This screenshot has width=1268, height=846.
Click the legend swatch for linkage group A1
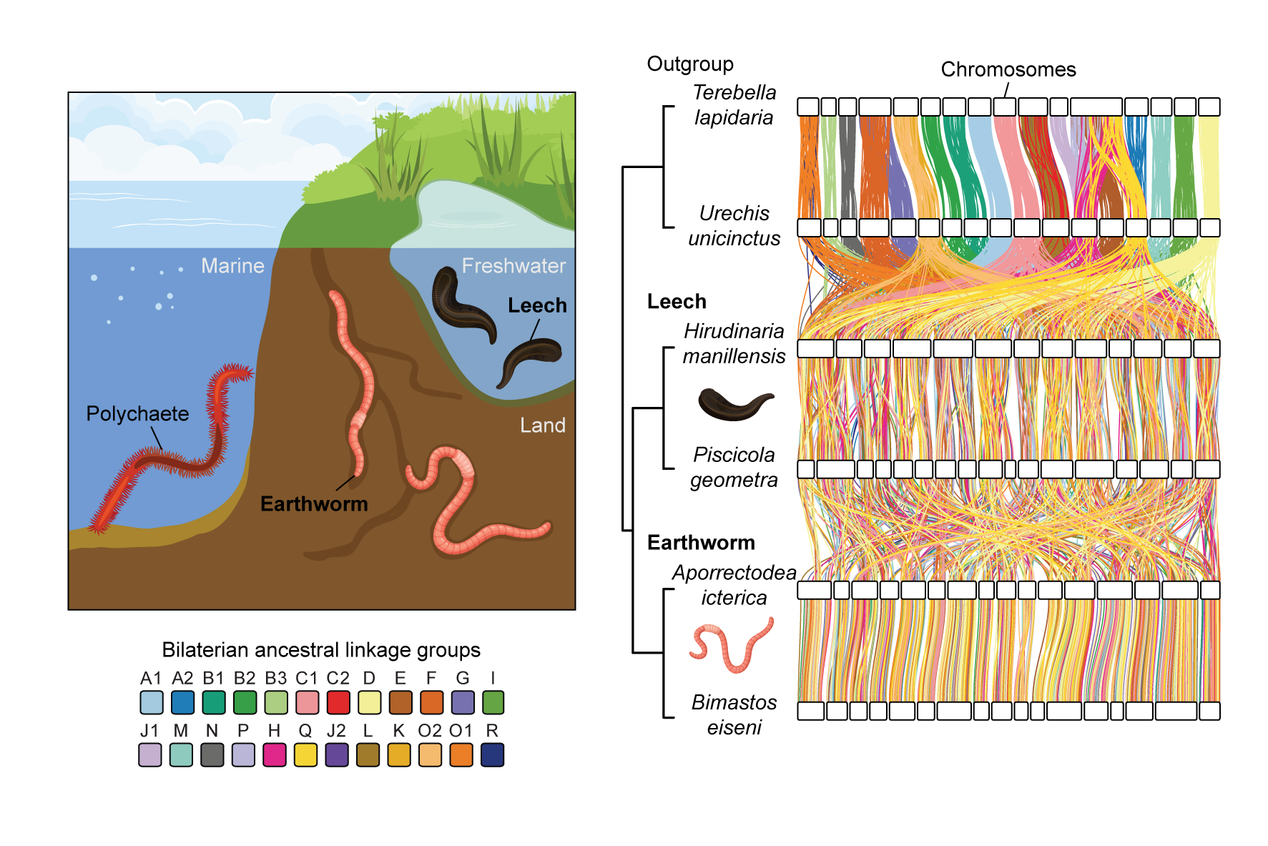click(152, 702)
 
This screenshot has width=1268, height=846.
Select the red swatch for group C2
click(338, 702)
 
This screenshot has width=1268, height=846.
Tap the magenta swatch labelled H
click(275, 755)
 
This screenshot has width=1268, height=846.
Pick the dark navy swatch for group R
click(492, 755)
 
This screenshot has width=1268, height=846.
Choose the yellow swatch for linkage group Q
click(305, 755)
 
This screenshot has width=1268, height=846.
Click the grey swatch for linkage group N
click(212, 755)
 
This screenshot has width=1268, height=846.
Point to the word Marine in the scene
click(232, 266)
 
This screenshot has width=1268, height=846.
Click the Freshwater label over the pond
click(513, 266)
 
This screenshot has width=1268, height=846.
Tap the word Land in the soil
click(542, 426)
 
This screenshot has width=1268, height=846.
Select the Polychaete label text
click(137, 414)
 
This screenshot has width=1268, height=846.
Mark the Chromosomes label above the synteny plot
click(1008, 69)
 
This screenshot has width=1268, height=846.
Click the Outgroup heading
click(690, 64)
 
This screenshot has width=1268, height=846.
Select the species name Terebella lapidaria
click(734, 105)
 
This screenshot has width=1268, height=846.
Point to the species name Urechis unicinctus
click(734, 226)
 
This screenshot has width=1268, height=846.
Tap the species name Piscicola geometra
click(734, 468)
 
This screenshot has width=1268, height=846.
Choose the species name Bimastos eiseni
click(734, 714)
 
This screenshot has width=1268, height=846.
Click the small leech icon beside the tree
click(734, 404)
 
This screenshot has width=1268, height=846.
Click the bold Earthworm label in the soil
click(314, 504)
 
